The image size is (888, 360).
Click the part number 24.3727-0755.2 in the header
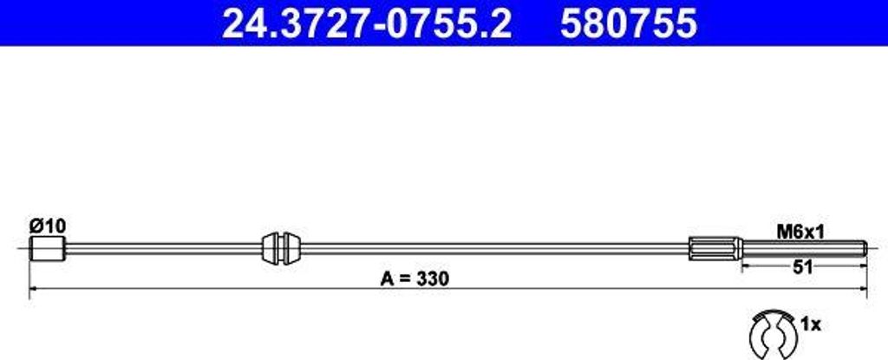[367, 24]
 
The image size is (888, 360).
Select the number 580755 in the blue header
[629, 24]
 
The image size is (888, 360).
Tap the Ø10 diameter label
[47, 226]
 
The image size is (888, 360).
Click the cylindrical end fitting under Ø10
[49, 249]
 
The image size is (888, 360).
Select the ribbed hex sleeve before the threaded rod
[715, 249]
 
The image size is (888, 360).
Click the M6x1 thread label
[799, 232]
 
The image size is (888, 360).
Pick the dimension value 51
[803, 268]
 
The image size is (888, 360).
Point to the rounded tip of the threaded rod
[865, 249]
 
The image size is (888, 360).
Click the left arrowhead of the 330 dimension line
[34, 287]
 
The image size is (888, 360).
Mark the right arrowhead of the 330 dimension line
[862, 287]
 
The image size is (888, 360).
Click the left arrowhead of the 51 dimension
[745, 268]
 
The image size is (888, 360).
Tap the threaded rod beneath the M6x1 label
[802, 249]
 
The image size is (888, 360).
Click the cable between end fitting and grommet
[165, 249]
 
